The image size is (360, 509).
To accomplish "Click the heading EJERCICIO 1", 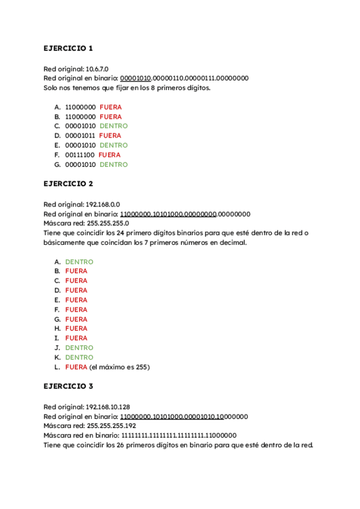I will tap(68, 48).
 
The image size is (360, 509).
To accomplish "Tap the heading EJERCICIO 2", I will tap(68, 184).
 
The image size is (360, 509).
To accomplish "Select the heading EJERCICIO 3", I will tap(68, 387).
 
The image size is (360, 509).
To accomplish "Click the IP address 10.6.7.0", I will tap(95, 69).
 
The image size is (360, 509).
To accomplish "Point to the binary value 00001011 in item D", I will tap(80, 136).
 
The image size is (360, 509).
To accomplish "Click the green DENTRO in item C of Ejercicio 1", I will tap(113, 126).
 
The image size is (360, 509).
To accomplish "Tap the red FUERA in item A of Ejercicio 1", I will tap(110, 107).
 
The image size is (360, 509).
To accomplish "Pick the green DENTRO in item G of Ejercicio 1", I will tap(113, 164).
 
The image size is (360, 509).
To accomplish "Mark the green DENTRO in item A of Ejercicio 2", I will tap(79, 262).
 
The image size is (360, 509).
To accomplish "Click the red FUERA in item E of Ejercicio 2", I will tap(76, 300).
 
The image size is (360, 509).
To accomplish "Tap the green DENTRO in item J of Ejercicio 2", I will tap(79, 348).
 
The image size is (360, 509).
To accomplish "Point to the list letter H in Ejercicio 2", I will tap(58, 328).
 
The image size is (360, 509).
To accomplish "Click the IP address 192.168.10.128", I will tap(109, 406).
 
